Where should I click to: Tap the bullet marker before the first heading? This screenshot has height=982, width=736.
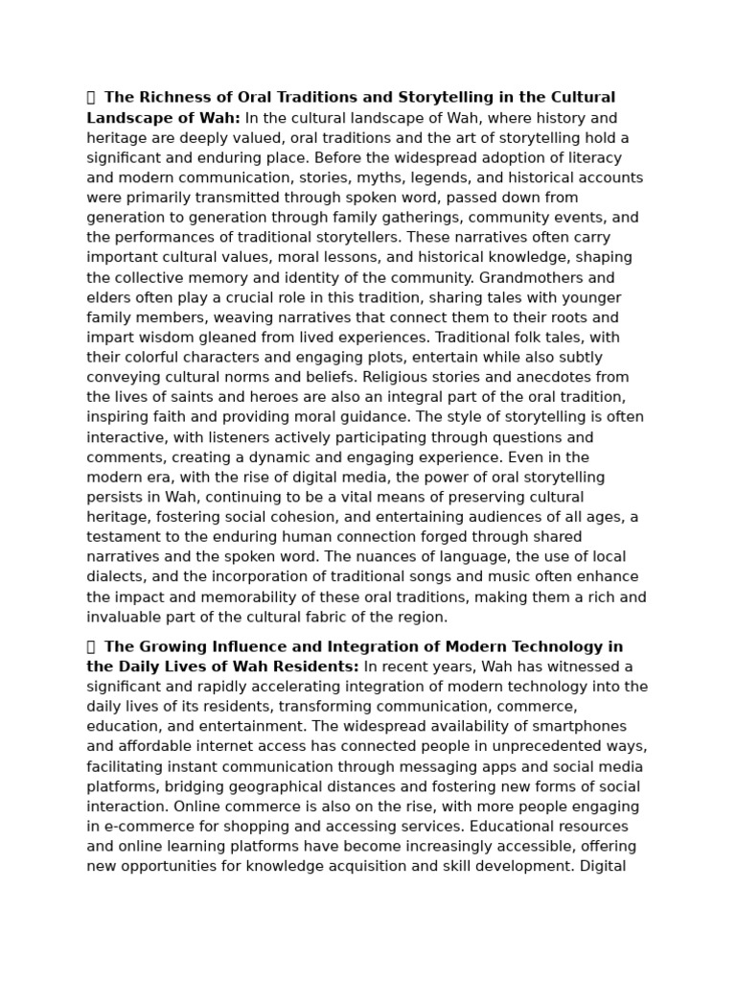tap(91, 98)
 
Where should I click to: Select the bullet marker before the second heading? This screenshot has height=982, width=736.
tap(91, 647)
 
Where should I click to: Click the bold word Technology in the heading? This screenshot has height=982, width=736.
tap(559, 647)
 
